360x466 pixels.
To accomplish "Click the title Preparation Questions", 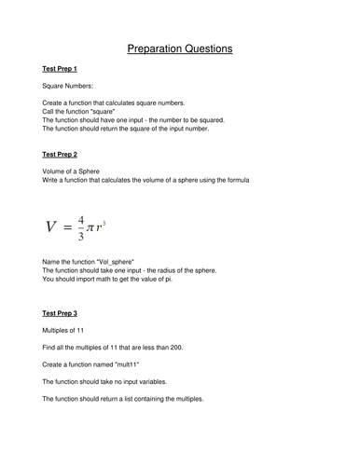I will click(180, 48).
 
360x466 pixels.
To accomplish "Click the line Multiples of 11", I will click(71, 330).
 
